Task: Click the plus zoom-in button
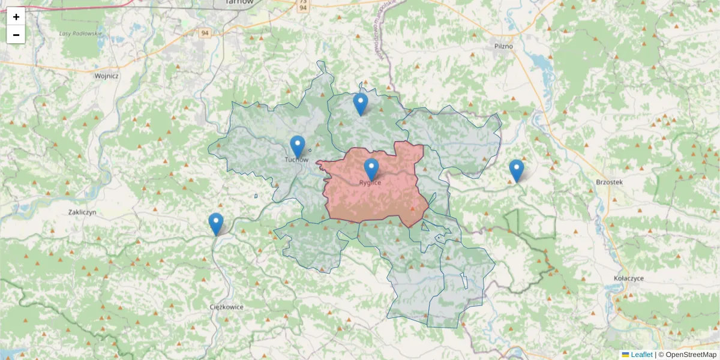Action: click(16, 17)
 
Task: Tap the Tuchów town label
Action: click(296, 160)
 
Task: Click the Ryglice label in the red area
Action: click(370, 182)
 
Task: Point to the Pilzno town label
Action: click(503, 46)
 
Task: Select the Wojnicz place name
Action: click(107, 76)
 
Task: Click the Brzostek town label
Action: click(610, 182)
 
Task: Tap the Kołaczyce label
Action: click(629, 279)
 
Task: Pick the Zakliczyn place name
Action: click(82, 212)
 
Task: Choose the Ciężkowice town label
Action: click(227, 307)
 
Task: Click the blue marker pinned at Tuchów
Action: click(298, 146)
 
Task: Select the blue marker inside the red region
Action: click(371, 169)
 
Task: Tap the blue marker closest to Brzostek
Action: click(517, 170)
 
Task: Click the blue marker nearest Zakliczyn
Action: click(216, 224)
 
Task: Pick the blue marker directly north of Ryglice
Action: click(360, 104)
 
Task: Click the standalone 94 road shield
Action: click(205, 33)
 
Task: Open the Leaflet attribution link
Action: click(641, 355)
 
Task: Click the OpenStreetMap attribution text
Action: click(691, 355)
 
